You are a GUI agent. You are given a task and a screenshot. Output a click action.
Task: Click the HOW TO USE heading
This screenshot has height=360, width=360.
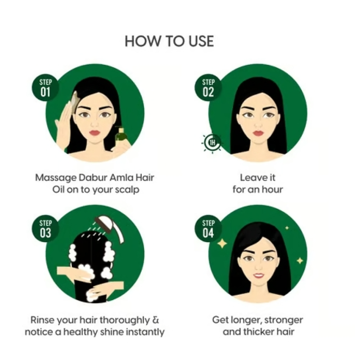coord(169,41)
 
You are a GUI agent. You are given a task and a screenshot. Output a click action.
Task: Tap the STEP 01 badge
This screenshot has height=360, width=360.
coord(45,88)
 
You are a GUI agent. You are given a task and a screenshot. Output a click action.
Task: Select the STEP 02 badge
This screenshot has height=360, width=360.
coord(208,88)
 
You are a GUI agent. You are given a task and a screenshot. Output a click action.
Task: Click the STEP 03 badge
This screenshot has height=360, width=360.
coord(45,229)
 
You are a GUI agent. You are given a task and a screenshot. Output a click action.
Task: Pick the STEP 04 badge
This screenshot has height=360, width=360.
coord(208,229)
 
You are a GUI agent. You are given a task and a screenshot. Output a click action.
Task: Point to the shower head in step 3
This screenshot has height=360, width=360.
coord(110,226)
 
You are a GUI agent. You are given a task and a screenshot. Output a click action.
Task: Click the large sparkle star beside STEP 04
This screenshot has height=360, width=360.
coord(222,243)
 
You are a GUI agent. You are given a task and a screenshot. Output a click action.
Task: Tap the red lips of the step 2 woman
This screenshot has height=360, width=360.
coord(258,133)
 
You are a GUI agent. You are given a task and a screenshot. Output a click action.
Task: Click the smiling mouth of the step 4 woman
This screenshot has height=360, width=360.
coord(258,275)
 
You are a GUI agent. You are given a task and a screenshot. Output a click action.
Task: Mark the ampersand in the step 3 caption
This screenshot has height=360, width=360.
coord(156,320)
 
